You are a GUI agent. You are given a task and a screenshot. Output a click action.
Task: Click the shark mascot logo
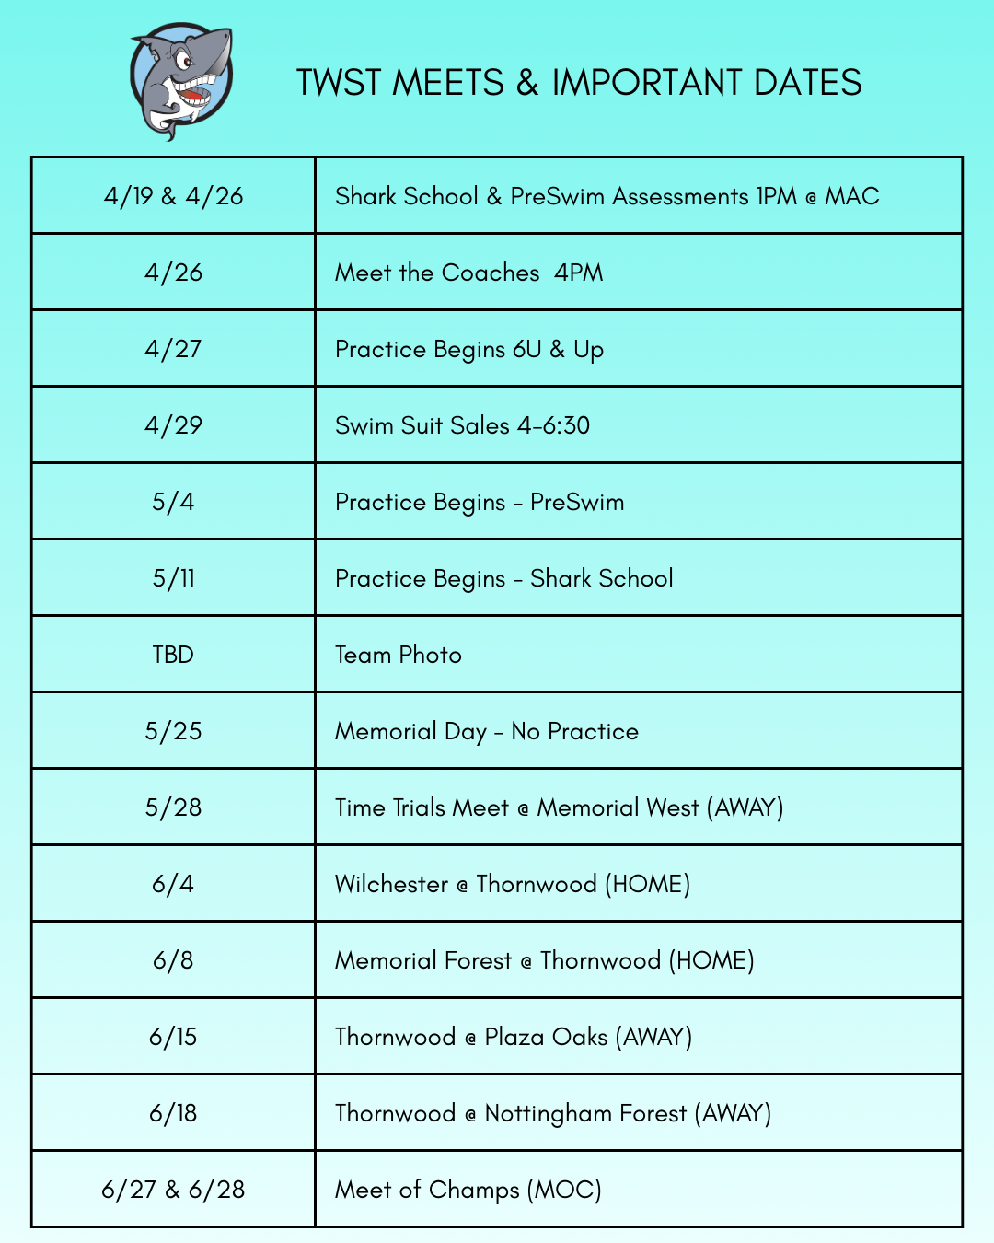181,81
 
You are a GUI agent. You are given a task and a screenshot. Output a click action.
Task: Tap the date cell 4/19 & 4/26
173,196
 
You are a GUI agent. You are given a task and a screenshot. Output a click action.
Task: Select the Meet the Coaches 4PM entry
468,273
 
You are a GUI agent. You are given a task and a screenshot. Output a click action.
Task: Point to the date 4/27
173,349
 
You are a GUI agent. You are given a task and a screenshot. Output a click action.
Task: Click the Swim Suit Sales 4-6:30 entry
462,425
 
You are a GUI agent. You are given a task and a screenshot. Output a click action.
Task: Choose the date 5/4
173,502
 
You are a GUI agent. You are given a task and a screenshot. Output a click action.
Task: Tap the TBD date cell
173,655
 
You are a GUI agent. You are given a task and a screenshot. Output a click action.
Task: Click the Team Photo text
398,655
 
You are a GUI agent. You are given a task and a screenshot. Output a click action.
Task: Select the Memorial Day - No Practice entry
486,731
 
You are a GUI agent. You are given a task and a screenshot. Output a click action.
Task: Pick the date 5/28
173,807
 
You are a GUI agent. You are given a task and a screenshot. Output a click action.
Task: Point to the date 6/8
173,960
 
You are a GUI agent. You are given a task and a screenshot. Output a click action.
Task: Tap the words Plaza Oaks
546,1037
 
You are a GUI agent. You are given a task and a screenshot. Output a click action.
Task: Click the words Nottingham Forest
585,1113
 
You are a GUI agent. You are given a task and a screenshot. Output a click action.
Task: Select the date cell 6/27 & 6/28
173,1190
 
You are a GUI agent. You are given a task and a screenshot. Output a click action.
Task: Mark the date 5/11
173,578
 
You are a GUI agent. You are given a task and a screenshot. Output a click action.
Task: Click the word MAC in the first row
851,196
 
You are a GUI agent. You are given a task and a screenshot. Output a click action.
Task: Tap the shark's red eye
184,63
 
